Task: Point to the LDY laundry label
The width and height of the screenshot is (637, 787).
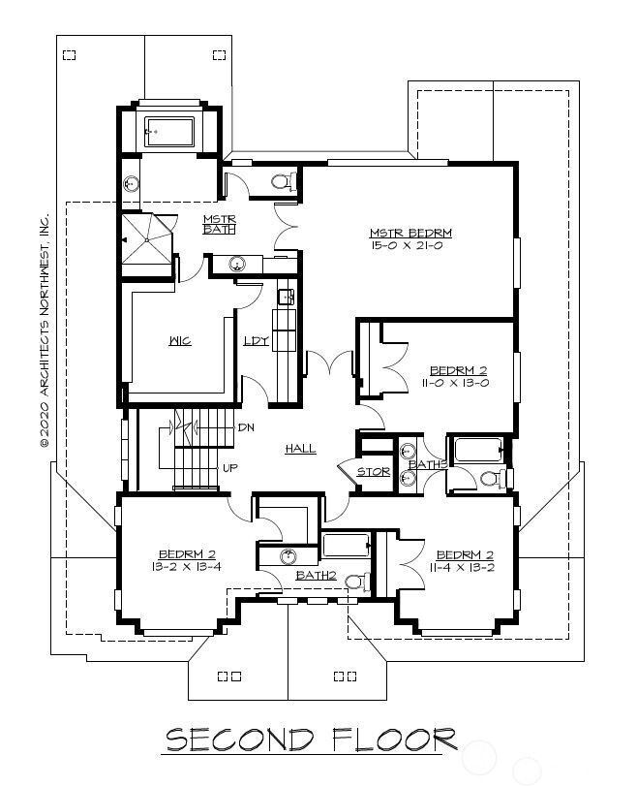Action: (255, 341)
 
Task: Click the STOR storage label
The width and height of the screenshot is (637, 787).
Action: (374, 472)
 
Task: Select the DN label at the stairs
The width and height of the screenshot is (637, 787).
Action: (245, 427)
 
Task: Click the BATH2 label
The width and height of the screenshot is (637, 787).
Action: (316, 576)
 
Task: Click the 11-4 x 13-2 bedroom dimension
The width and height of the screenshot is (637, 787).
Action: (465, 567)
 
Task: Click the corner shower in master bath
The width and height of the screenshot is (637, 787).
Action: (144, 237)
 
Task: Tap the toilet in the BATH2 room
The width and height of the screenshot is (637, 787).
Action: (355, 582)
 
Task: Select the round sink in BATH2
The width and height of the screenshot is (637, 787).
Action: (288, 556)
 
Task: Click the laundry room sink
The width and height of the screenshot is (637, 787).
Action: (286, 297)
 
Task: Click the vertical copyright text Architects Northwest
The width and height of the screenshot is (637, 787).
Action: (44, 330)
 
